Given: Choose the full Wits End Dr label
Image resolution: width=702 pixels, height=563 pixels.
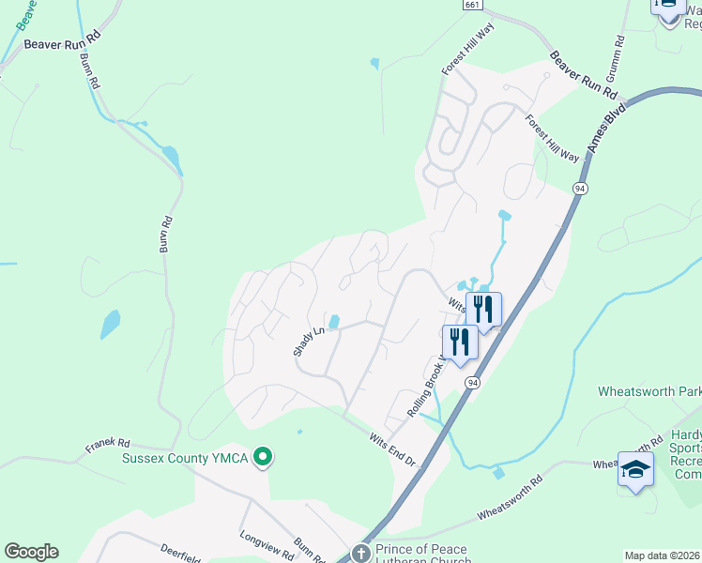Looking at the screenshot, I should (x=391, y=449).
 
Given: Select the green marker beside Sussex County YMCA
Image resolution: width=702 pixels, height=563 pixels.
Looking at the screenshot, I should (x=264, y=458).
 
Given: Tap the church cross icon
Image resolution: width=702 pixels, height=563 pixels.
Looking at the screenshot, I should (x=361, y=554).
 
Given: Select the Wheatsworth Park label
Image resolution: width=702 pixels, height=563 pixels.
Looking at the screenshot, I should (x=649, y=389).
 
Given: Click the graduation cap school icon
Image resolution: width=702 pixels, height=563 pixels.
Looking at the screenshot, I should (x=635, y=468).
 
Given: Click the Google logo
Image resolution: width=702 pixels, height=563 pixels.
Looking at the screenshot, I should (x=31, y=552).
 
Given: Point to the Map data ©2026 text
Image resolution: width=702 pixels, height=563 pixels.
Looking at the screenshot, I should (x=662, y=555).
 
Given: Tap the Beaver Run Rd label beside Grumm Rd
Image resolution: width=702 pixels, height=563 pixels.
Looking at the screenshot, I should (x=583, y=76).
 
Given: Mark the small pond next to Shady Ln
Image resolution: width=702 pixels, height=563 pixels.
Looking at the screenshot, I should (x=333, y=321).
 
